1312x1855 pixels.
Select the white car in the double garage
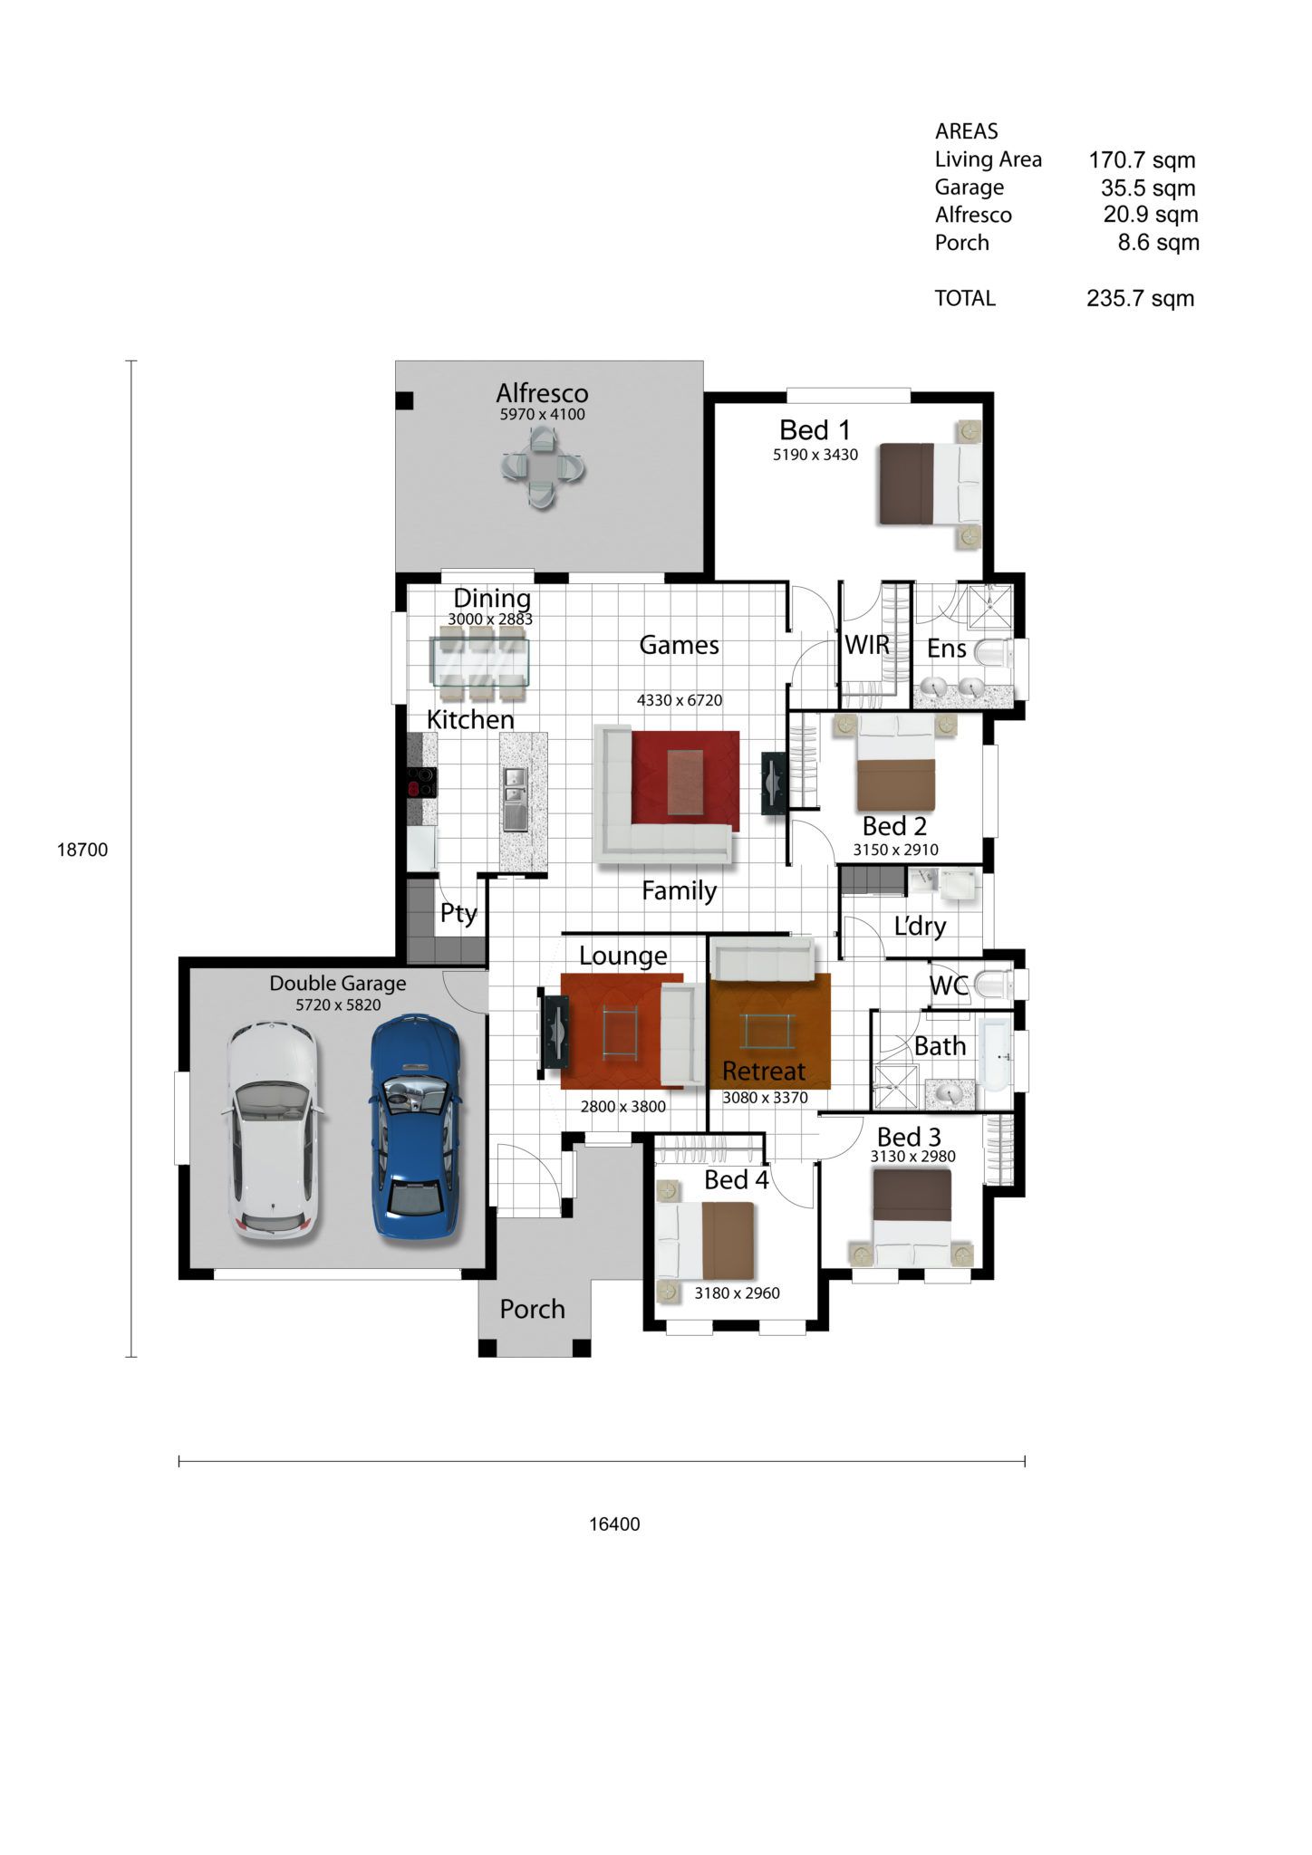coord(271,1130)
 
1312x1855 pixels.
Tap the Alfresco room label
coord(542,393)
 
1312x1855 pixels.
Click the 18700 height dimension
coord(82,850)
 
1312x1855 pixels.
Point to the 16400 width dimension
coord(614,1523)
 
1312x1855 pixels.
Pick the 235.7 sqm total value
coord(1140,298)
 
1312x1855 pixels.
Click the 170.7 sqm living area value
coord(1142,160)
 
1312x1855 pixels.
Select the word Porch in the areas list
coord(961,243)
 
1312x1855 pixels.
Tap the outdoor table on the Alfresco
coord(543,468)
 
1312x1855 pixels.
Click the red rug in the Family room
coord(686,781)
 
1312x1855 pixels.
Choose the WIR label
coord(867,645)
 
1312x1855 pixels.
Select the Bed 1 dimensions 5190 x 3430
coord(815,455)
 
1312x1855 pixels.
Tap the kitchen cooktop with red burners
coord(421,782)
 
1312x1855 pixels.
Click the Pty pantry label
coord(458,913)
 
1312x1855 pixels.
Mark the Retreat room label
coord(764,1072)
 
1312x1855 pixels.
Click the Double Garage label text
coord(338,984)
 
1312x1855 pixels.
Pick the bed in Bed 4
coord(706,1242)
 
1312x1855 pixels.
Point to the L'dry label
coord(920,927)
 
